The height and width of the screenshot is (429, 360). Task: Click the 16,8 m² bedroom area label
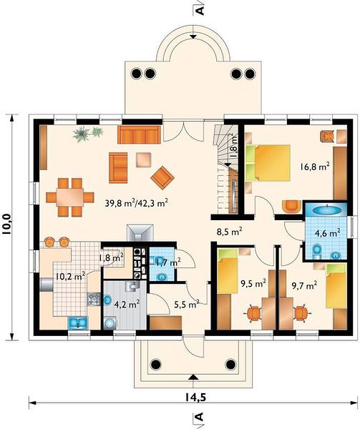pos(315,167)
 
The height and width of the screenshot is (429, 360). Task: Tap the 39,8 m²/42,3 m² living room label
pos(136,203)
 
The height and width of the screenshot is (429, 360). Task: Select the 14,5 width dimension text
pos(195,398)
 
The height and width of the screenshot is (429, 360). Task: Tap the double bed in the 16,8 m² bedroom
pos(268,163)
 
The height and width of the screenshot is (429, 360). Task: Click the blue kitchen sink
pos(78,322)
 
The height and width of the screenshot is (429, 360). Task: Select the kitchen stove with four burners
pos(94,299)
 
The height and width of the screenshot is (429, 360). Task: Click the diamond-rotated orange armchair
pos(162,177)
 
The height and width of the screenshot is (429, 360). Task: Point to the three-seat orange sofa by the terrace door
pos(139,134)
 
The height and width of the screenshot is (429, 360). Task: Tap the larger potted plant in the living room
pos(82,134)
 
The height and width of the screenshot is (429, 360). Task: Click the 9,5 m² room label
pos(253,284)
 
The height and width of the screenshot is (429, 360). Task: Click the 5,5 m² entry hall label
pos(186,304)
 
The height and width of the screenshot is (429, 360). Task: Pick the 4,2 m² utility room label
pos(127,305)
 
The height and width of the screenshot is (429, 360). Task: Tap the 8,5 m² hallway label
pos(230,232)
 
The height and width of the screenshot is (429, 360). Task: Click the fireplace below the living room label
pos(140,233)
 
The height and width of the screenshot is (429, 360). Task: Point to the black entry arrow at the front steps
pos(193,377)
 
